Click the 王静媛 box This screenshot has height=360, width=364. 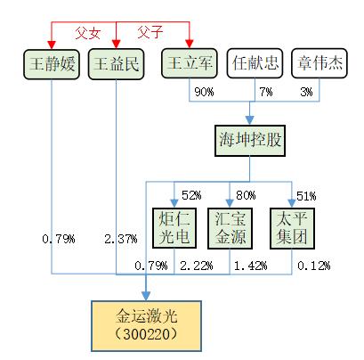pos(52,64)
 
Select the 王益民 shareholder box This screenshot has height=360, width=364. pos(117,64)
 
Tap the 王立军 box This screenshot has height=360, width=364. pos(190,63)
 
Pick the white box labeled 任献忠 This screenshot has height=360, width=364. pos(255,63)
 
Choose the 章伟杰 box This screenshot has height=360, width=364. pos(320,63)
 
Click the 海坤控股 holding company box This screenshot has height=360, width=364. pos(250,141)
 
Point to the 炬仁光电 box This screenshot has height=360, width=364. pos(174,228)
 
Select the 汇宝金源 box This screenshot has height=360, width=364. pos(230,228)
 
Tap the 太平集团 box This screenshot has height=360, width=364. pos(292,228)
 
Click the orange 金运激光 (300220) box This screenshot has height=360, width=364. pos(146,326)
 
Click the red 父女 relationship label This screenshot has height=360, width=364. pos(88,33)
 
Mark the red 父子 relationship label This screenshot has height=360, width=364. pos(150,32)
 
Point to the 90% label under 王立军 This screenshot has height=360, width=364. pos(204,92)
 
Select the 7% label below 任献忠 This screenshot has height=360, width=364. pos(266,92)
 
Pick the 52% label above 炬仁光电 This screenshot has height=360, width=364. pos(191,195)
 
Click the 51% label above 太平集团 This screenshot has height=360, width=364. pos(306,196)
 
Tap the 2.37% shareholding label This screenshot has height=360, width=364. pos(121,239)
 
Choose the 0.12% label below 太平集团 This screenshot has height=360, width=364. pos(313,266)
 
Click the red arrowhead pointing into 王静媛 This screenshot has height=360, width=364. pos(52,45)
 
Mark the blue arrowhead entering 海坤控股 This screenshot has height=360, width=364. pos(250,120)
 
